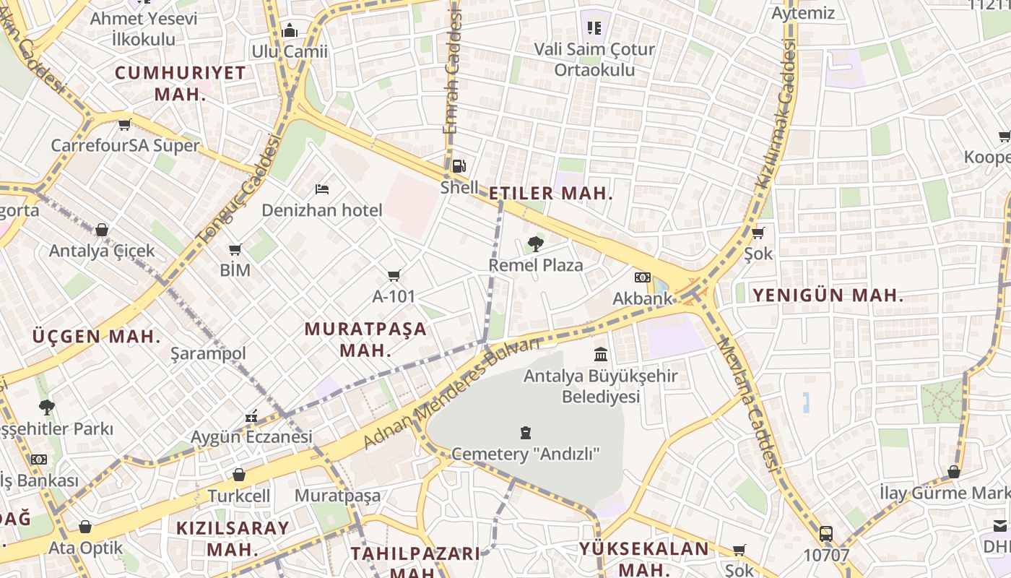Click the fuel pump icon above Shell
(459, 166)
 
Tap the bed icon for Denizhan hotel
(322, 189)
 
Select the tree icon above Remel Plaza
(535, 243)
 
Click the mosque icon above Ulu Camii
(290, 30)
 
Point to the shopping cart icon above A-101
(394, 275)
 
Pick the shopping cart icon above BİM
(235, 250)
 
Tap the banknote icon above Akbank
(642, 277)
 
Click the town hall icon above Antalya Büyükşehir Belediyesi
(601, 354)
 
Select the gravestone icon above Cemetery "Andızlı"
(526, 433)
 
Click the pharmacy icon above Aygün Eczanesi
(251, 416)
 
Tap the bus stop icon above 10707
(826, 534)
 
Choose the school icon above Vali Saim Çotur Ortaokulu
(594, 28)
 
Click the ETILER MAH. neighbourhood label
(551, 194)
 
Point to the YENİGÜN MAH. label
(828, 295)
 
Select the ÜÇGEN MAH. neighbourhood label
(95, 337)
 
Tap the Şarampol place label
(208, 353)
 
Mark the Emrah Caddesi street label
(452, 72)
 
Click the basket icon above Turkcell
(239, 475)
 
